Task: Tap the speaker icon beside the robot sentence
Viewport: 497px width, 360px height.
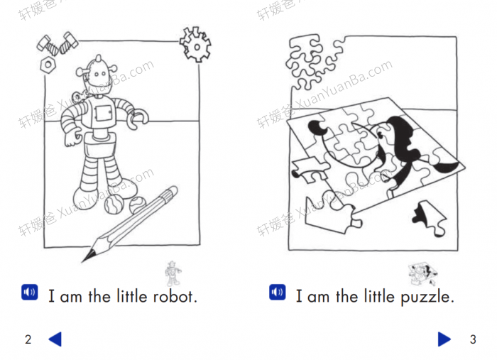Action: [x=29, y=293]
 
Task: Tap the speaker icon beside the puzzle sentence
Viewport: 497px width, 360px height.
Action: [x=277, y=293]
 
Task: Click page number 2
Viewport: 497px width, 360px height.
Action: [x=28, y=339]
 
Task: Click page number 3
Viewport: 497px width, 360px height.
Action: [x=473, y=339]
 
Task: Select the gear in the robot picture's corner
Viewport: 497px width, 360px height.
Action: [x=195, y=44]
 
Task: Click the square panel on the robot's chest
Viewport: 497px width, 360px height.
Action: [x=104, y=113]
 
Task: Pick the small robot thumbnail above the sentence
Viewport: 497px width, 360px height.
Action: [x=171, y=272]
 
